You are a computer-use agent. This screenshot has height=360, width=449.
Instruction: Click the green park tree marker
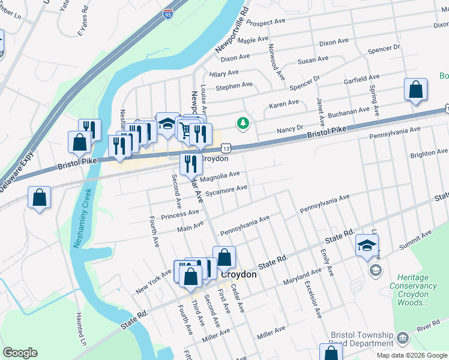point(243,123)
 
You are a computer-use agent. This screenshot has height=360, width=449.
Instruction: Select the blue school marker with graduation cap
point(367,245)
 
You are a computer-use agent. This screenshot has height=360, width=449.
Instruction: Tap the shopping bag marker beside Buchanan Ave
point(415,91)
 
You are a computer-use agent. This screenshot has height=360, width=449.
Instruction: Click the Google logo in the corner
point(20,353)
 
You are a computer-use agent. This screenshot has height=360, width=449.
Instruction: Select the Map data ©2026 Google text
point(412,355)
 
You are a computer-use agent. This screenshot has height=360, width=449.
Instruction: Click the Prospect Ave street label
point(265,22)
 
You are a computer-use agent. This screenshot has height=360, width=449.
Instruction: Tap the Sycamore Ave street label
point(226,190)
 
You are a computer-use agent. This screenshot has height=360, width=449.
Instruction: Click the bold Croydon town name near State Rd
point(239,274)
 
